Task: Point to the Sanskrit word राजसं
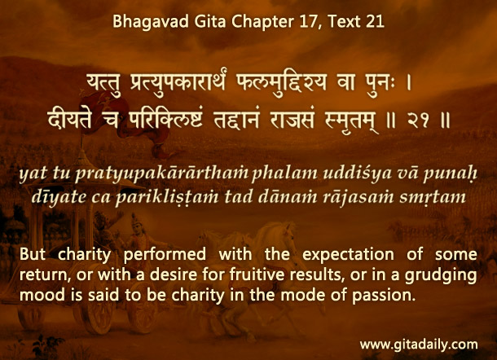pyautogui.click(x=292, y=121)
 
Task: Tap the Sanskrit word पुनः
pyautogui.click(x=373, y=83)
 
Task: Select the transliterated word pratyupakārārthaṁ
pyautogui.click(x=162, y=173)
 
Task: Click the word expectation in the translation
pyautogui.click(x=348, y=255)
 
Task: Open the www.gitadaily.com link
pyautogui.click(x=419, y=345)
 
